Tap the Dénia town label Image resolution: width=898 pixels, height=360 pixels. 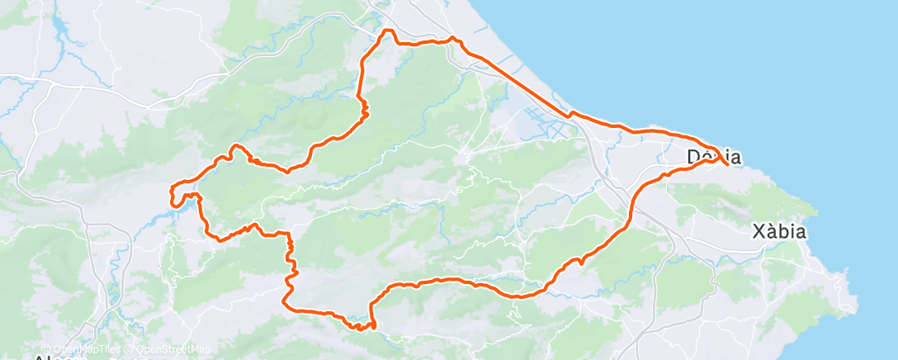coord(714,157)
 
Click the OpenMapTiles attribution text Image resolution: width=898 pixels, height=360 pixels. coord(78,348)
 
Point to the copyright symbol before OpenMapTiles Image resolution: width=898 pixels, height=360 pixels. coord(45,348)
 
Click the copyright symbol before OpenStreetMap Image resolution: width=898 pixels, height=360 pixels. coord(121,348)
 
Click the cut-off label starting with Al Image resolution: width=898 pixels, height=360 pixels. coord(50,357)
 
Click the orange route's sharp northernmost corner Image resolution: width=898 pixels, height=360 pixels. coord(385,31)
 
